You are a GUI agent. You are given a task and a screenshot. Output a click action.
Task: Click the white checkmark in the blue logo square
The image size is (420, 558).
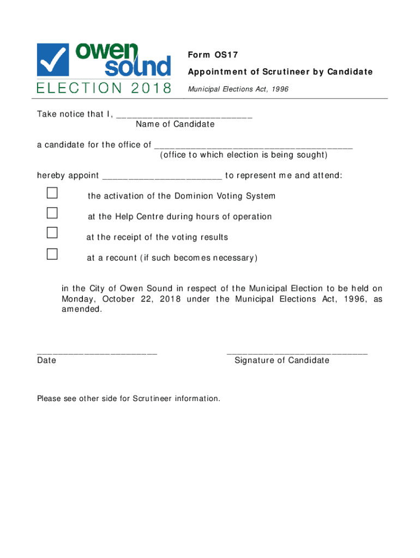[x=53, y=59]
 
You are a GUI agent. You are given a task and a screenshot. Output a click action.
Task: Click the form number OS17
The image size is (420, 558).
[x=226, y=55]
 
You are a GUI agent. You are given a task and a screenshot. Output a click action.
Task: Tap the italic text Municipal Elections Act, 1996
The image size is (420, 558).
[x=238, y=89]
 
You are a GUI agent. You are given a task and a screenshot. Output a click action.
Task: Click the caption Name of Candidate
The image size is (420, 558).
[x=175, y=124]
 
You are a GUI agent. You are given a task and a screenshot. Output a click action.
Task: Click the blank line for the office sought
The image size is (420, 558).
[x=254, y=147]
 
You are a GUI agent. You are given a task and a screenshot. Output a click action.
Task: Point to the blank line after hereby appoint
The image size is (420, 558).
[x=162, y=178]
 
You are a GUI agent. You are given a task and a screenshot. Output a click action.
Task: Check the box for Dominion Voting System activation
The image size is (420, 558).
[x=52, y=193]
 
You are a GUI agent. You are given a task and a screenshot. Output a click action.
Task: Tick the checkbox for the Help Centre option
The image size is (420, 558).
[x=52, y=213]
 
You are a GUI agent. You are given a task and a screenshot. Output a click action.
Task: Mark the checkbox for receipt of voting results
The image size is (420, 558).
[x=52, y=233]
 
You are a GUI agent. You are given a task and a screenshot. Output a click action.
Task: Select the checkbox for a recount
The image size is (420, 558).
[x=52, y=253]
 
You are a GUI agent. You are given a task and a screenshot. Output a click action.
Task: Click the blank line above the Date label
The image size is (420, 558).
[x=97, y=353]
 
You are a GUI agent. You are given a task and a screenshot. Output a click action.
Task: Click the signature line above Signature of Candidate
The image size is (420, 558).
[x=297, y=353]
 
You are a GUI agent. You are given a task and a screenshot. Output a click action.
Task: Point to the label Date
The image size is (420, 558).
[x=46, y=360]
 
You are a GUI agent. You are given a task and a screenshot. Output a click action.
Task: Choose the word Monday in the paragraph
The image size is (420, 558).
[x=79, y=299]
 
